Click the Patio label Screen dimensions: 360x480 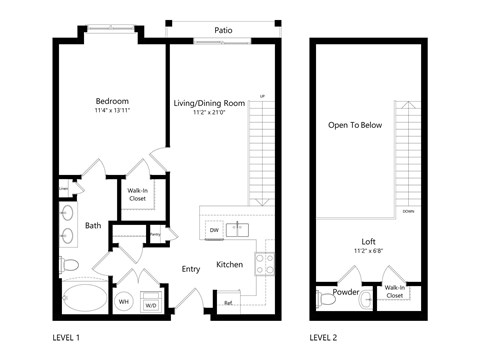coord(224,30)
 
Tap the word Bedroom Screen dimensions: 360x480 coord(112,101)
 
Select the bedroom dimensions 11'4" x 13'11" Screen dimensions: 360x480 coord(112,112)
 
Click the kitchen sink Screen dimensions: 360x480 coord(237,229)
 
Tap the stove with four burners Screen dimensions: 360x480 coord(265,263)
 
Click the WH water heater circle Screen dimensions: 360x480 coord(125,302)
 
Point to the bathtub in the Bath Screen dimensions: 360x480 coord(80,298)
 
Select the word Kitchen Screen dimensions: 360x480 coord(230,265)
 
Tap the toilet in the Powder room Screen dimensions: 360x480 coord(326,299)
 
